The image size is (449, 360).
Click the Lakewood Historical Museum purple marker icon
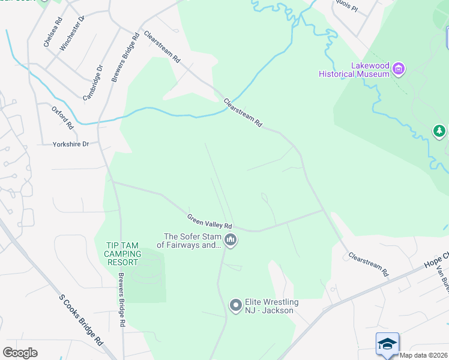pyautogui.click(x=398, y=70)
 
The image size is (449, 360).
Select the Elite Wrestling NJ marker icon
pyautogui.click(x=236, y=306)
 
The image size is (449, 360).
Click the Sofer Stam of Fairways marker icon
pyautogui.click(x=231, y=241)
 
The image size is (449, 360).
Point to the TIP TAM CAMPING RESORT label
pyautogui.click(x=123, y=254)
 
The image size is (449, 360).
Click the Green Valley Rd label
pyautogui.click(x=209, y=221)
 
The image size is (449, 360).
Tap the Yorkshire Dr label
pyautogui.click(x=71, y=144)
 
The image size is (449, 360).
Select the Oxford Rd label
pyautogui.click(x=62, y=118)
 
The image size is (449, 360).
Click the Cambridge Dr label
pyautogui.click(x=93, y=82)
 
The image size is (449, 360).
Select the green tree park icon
pyautogui.click(x=440, y=131)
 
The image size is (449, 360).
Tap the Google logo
pyautogui.click(x=20, y=353)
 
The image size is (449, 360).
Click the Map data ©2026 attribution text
pyautogui.click(x=424, y=355)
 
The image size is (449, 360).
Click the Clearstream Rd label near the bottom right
pyautogui.click(x=369, y=264)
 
